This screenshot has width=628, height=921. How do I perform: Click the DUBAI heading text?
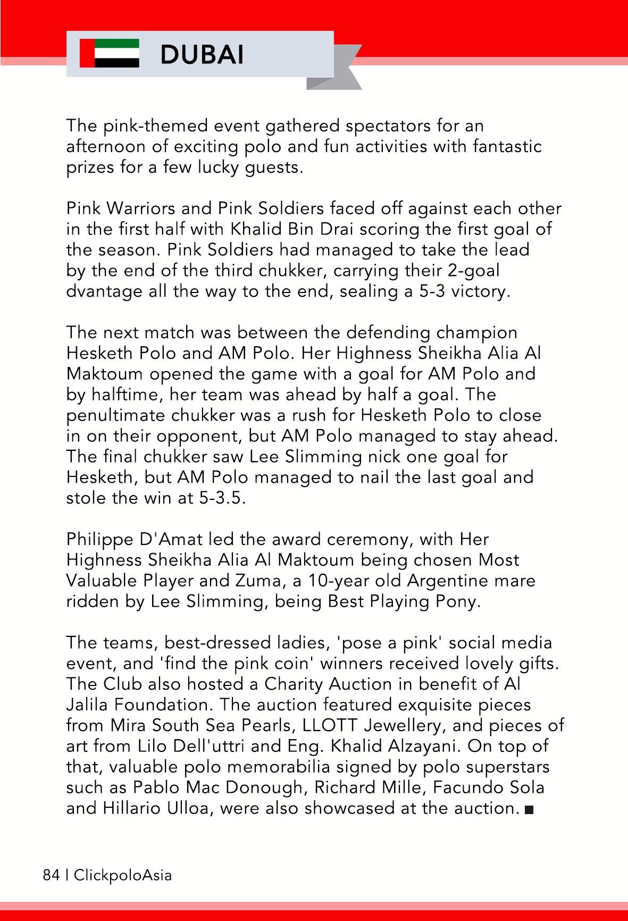202,54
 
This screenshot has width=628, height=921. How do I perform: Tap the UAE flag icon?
110,53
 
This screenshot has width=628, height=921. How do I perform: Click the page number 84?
51,875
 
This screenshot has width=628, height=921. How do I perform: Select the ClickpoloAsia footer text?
123,875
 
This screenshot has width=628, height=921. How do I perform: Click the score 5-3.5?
222,498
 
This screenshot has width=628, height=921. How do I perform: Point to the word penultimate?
115,415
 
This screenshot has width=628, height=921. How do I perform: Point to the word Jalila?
88,705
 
